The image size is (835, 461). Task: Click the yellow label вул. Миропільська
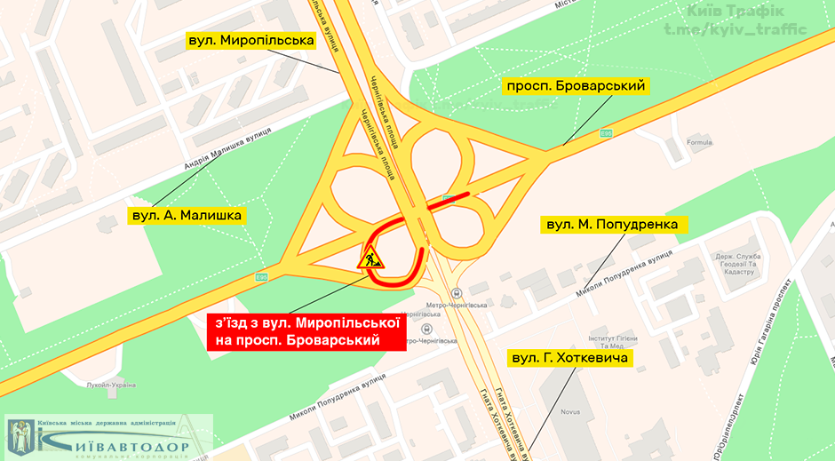tap(250, 41)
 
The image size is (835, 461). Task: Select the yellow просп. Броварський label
tap(574, 86)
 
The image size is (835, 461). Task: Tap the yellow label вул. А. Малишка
tap(187, 215)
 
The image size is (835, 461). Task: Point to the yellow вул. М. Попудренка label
tap(613, 225)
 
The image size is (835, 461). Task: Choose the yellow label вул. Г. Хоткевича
tap(569, 359)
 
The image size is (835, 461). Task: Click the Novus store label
tap(596, 412)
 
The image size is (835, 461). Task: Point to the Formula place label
tap(700, 142)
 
